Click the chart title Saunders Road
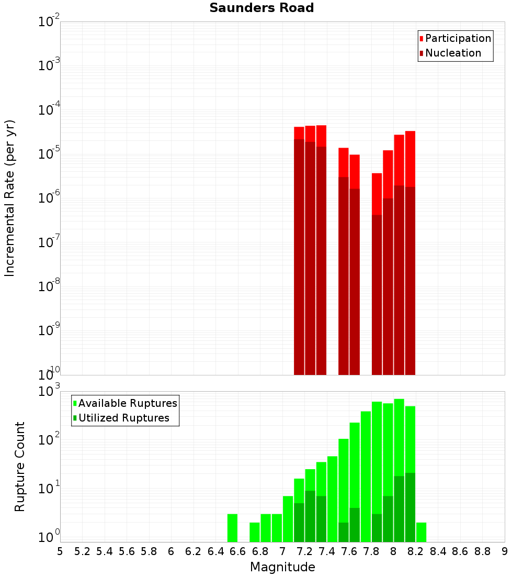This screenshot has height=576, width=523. coord(261,8)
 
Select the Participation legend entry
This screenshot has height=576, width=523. coord(458,38)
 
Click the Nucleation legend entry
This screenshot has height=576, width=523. coord(452,53)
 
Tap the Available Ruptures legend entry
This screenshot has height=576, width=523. coord(127,403)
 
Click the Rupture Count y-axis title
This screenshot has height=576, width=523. coord(20,466)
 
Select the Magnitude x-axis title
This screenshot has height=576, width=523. coord(282,567)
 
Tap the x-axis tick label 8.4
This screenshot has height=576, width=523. coord(438,551)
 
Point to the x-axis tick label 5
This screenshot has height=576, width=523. coord(60,551)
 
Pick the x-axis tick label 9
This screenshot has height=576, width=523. coord(505,551)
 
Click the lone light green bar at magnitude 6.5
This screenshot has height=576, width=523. coord(232,528)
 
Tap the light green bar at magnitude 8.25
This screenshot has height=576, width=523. coord(421,532)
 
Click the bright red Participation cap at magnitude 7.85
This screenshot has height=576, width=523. coord(377,194)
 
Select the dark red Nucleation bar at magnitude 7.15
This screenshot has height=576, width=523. coord(299,257)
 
